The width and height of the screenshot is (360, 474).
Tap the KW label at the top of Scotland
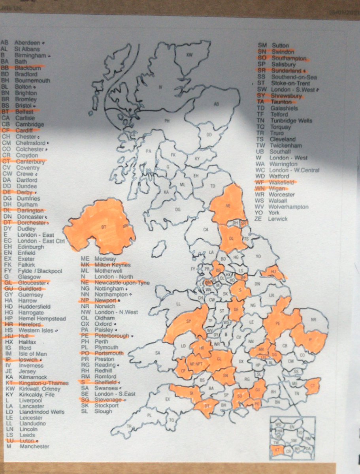[189, 55]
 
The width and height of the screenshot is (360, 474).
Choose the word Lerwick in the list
[279, 219]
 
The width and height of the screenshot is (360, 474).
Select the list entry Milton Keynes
[111, 265]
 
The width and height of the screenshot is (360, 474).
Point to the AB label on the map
[216, 104]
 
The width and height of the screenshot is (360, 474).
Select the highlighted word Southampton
[289, 58]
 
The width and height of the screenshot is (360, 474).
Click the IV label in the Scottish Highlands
[160, 87]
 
